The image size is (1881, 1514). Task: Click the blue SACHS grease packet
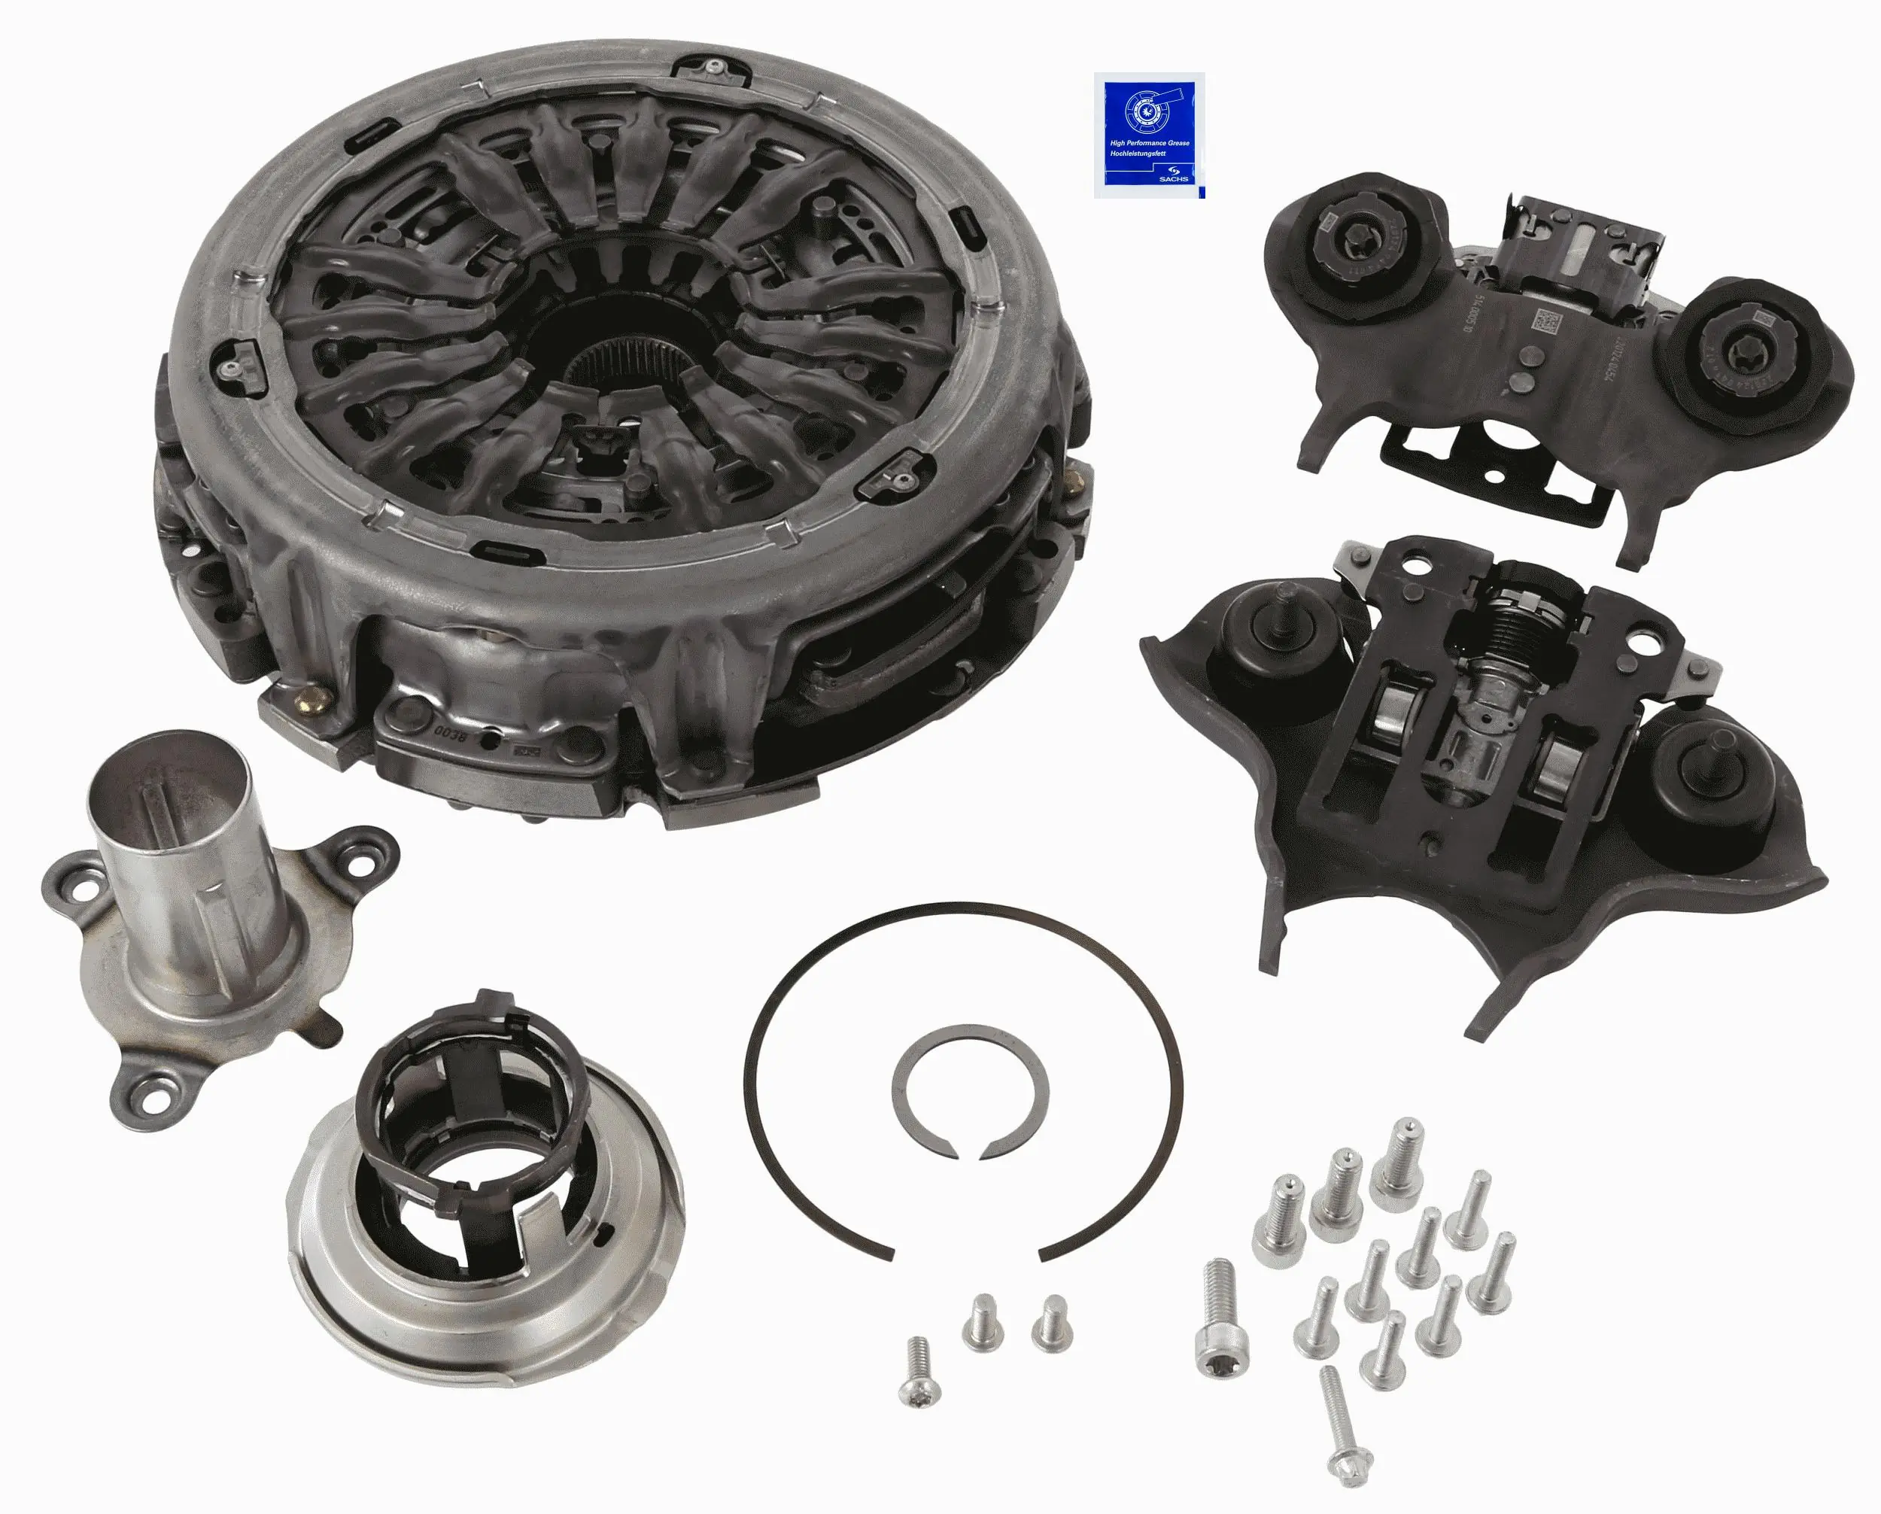tap(1148, 135)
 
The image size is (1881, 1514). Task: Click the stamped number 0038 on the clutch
tap(446, 727)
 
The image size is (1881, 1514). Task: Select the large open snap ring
tap(964, 1081)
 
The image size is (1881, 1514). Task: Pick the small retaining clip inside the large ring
tap(968, 1092)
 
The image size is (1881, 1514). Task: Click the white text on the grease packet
tap(1148, 147)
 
